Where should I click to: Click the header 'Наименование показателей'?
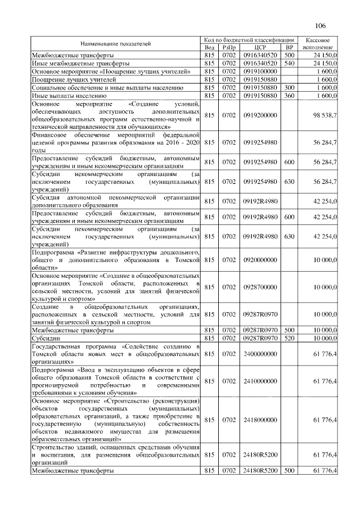coord(115,43)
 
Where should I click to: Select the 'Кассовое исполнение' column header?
coord(320,43)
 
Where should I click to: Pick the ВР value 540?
coord(290,64)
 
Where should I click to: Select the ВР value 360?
coord(290,96)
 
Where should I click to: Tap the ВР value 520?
coord(290,339)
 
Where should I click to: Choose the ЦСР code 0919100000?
coord(260,71)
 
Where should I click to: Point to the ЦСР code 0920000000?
coord(260,260)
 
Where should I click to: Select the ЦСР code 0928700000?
coord(260,287)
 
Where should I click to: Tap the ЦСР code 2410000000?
coord(260,381)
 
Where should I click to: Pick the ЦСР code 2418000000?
coord(260,420)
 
